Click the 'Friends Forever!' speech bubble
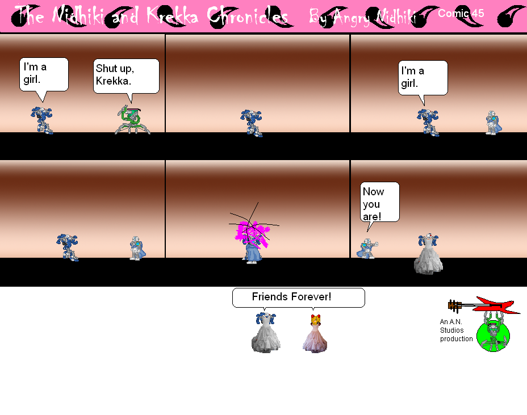(x=298, y=297)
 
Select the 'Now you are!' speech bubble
(x=380, y=202)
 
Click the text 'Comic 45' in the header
(x=461, y=14)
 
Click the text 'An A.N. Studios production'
(x=455, y=330)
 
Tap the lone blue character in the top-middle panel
(x=251, y=123)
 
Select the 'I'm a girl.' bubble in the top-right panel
(x=423, y=77)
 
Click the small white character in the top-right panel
(x=492, y=123)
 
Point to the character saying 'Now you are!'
(x=367, y=249)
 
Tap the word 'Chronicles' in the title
(x=248, y=17)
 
